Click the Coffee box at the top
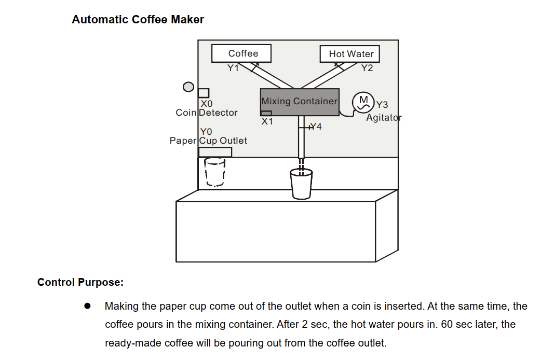click(x=242, y=53)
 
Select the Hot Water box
click(x=351, y=54)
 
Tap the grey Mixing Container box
click(x=300, y=102)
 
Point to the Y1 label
click(x=234, y=67)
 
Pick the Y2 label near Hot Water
click(x=367, y=68)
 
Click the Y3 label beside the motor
click(x=382, y=105)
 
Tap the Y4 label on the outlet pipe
click(x=316, y=126)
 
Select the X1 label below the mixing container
click(x=267, y=122)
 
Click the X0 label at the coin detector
click(x=207, y=104)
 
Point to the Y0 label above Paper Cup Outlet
click(x=206, y=132)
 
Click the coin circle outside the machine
click(x=188, y=87)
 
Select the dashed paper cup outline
click(x=215, y=172)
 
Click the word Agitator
click(x=384, y=118)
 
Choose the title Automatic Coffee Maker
click(x=138, y=20)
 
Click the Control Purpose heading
click(x=80, y=283)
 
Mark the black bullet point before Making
click(x=88, y=306)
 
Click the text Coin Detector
click(x=207, y=113)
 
